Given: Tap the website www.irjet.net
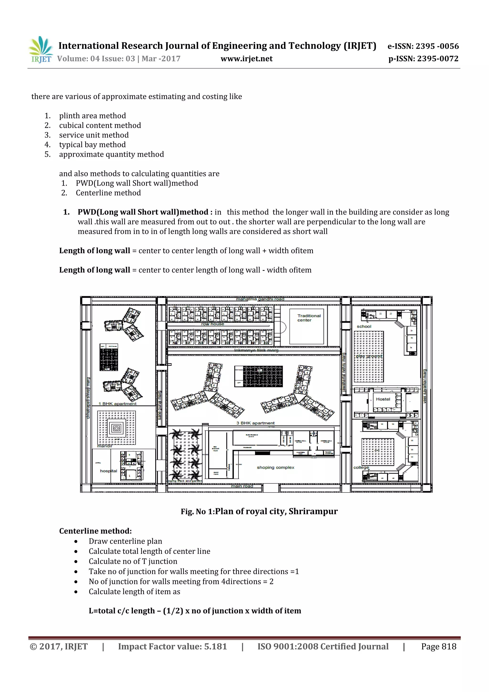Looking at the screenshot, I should click(246, 59).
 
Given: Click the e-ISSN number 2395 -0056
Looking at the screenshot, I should click(437, 46).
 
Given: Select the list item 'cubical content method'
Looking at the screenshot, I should click(100, 125).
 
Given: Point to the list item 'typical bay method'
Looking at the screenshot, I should click(92, 145).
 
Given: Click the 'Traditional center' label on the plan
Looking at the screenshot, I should click(308, 318).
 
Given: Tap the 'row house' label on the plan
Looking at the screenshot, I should click(213, 324).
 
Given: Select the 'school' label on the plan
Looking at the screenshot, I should click(364, 326).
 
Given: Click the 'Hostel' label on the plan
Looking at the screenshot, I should click(383, 399).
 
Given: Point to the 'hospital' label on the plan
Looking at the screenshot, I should click(108, 471).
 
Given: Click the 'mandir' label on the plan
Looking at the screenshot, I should click(105, 446).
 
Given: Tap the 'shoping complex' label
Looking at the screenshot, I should click(275, 467).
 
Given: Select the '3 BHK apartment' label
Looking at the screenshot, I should click(255, 423).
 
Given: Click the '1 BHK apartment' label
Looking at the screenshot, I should click(117, 403).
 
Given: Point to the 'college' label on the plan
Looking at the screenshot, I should click(361, 467).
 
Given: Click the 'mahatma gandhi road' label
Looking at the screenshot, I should click(260, 299).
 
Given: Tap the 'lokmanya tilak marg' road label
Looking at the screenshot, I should click(256, 350).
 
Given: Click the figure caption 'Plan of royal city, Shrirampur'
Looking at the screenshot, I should click(276, 511).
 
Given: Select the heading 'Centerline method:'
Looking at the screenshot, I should click(95, 531).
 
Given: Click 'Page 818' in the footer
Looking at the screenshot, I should click(438, 646).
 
